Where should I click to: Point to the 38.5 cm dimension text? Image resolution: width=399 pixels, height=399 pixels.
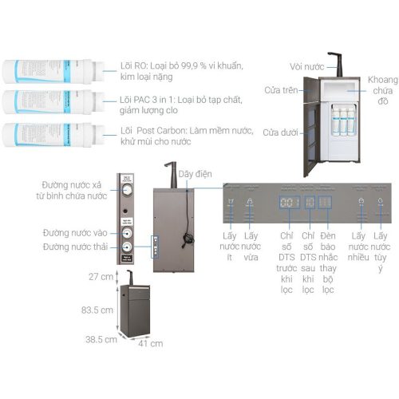[x=101, y=338]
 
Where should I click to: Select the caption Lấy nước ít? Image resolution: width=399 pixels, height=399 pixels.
[x=231, y=242]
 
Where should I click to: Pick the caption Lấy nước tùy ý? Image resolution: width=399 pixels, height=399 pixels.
[x=381, y=247]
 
